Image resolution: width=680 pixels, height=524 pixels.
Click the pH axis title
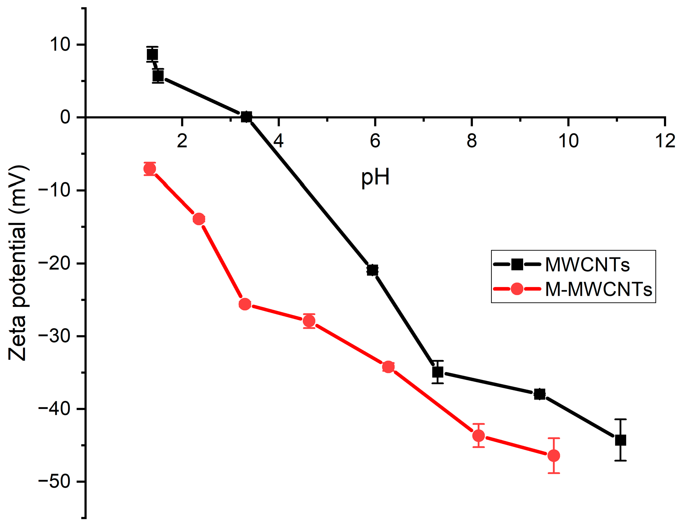(375, 178)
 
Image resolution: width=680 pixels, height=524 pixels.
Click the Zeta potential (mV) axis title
(18, 263)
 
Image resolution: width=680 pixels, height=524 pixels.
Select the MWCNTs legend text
(587, 265)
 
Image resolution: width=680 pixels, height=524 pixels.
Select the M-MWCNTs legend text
(598, 289)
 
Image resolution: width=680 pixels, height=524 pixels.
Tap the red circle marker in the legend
(517, 289)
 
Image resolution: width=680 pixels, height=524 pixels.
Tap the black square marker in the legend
(517, 264)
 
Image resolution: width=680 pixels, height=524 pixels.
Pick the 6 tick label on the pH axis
(375, 141)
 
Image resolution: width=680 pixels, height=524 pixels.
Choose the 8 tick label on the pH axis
(472, 141)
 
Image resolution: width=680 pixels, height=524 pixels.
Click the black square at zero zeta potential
(246, 117)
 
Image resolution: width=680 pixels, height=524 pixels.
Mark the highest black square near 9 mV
(152, 55)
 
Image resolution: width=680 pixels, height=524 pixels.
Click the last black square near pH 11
(620, 440)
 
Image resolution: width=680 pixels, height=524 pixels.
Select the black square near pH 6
(372, 270)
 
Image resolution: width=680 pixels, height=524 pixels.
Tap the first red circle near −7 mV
(150, 169)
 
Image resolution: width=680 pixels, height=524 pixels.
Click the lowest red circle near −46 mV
(553, 456)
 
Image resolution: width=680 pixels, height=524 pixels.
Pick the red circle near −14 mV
(199, 219)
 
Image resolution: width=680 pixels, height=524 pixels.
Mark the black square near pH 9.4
(540, 394)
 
